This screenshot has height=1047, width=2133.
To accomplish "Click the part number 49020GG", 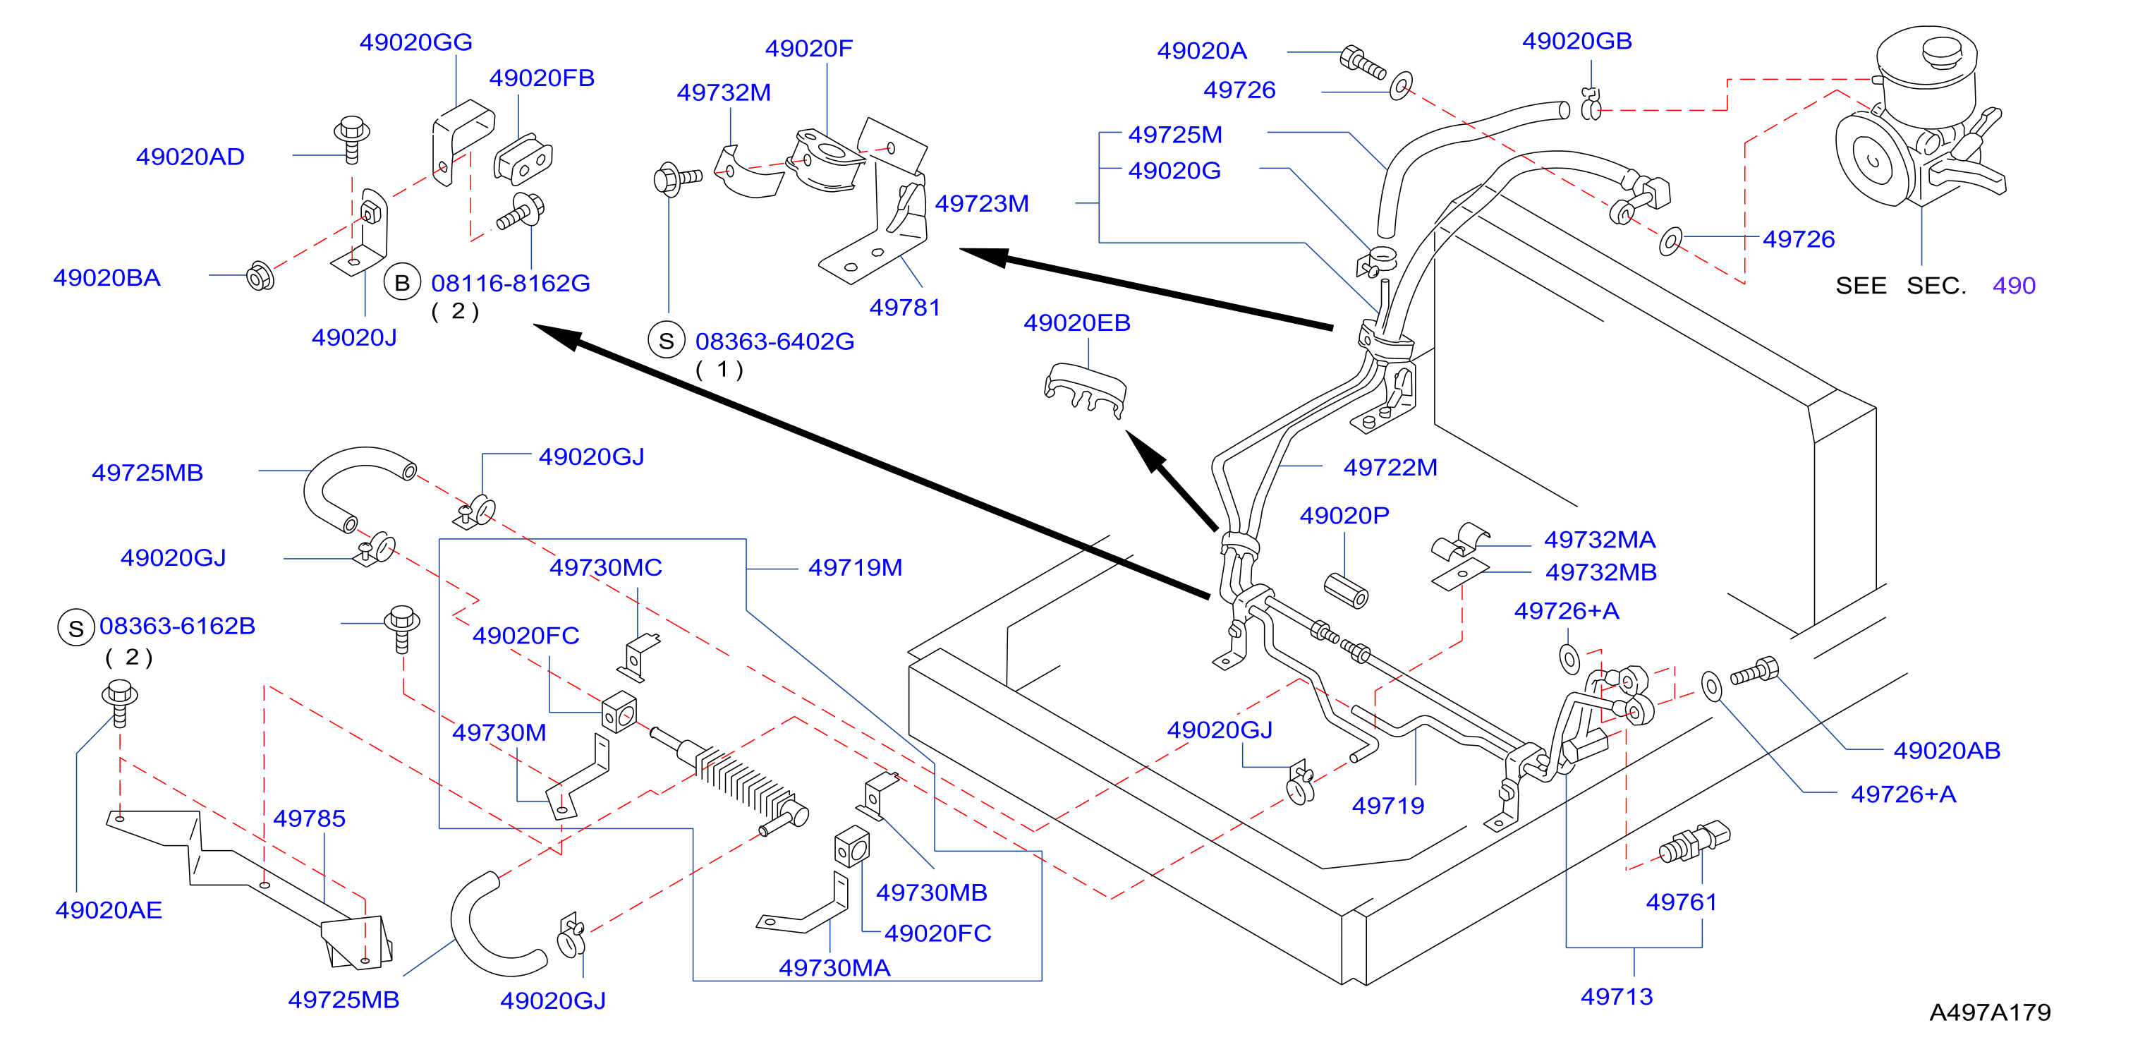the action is pyautogui.click(x=415, y=42).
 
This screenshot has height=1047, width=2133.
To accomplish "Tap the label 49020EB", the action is pyautogui.click(x=1076, y=323).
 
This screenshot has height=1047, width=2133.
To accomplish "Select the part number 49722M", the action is pyautogui.click(x=1390, y=468).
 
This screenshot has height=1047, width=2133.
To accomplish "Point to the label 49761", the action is pyautogui.click(x=1681, y=902).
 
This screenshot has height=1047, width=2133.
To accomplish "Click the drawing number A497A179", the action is pyautogui.click(x=1990, y=1012).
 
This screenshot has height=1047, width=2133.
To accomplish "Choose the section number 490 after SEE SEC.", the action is pyautogui.click(x=2014, y=286).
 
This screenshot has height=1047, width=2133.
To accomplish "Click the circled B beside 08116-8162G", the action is pyautogui.click(x=403, y=284).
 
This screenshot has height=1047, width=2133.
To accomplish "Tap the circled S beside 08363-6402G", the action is pyautogui.click(x=667, y=341).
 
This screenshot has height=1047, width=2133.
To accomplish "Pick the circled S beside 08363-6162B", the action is pyautogui.click(x=76, y=628).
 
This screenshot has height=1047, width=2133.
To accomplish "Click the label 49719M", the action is pyautogui.click(x=856, y=568).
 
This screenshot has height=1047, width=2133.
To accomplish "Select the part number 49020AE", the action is pyautogui.click(x=109, y=910).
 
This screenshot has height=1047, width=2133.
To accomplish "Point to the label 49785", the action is pyautogui.click(x=309, y=819).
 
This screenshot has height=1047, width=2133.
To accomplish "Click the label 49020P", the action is pyautogui.click(x=1344, y=516).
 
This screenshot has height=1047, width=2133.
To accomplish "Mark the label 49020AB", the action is pyautogui.click(x=1947, y=751).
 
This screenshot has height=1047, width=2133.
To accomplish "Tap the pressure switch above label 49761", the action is pyautogui.click(x=1694, y=842).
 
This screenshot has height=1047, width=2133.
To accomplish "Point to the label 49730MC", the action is pyautogui.click(x=606, y=568).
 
